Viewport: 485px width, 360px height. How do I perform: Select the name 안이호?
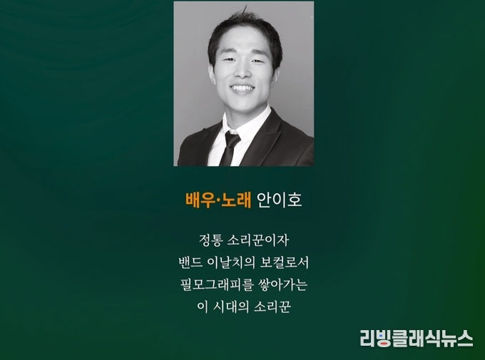click(280, 200)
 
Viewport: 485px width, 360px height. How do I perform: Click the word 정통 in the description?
click(210, 240)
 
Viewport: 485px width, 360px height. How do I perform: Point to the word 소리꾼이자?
click(258, 240)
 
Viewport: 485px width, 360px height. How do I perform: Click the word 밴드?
click(190, 263)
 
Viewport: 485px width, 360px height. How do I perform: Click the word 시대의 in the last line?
click(231, 307)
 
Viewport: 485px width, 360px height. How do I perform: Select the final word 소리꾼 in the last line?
click(272, 307)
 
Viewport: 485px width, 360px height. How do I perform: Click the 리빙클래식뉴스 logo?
click(417, 339)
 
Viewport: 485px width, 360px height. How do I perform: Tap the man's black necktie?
click(230, 149)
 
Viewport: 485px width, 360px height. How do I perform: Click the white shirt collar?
click(245, 124)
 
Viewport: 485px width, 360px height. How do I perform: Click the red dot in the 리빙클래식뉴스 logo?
click(383, 344)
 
